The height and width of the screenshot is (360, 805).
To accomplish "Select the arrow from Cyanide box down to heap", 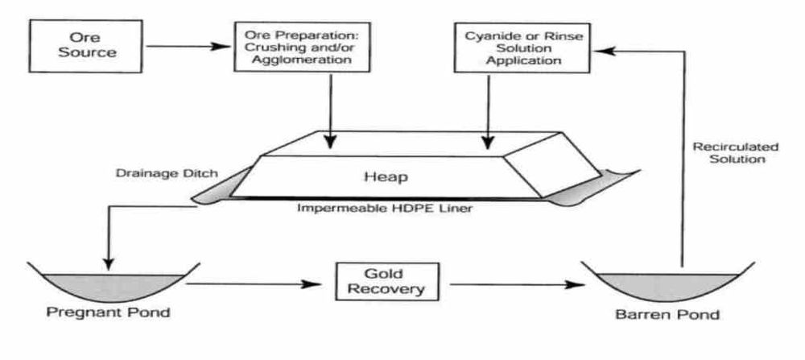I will (487, 113).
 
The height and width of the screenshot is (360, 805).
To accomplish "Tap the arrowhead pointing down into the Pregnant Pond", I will (109, 263).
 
